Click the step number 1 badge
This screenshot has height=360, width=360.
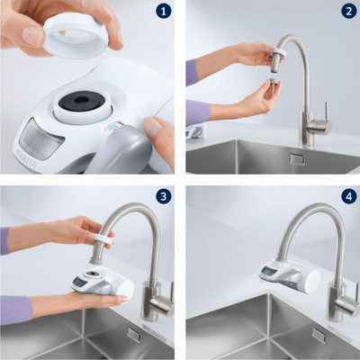(x=163, y=12)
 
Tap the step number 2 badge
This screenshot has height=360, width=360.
(x=348, y=12)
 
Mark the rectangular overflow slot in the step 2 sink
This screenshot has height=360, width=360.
(x=296, y=159)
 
